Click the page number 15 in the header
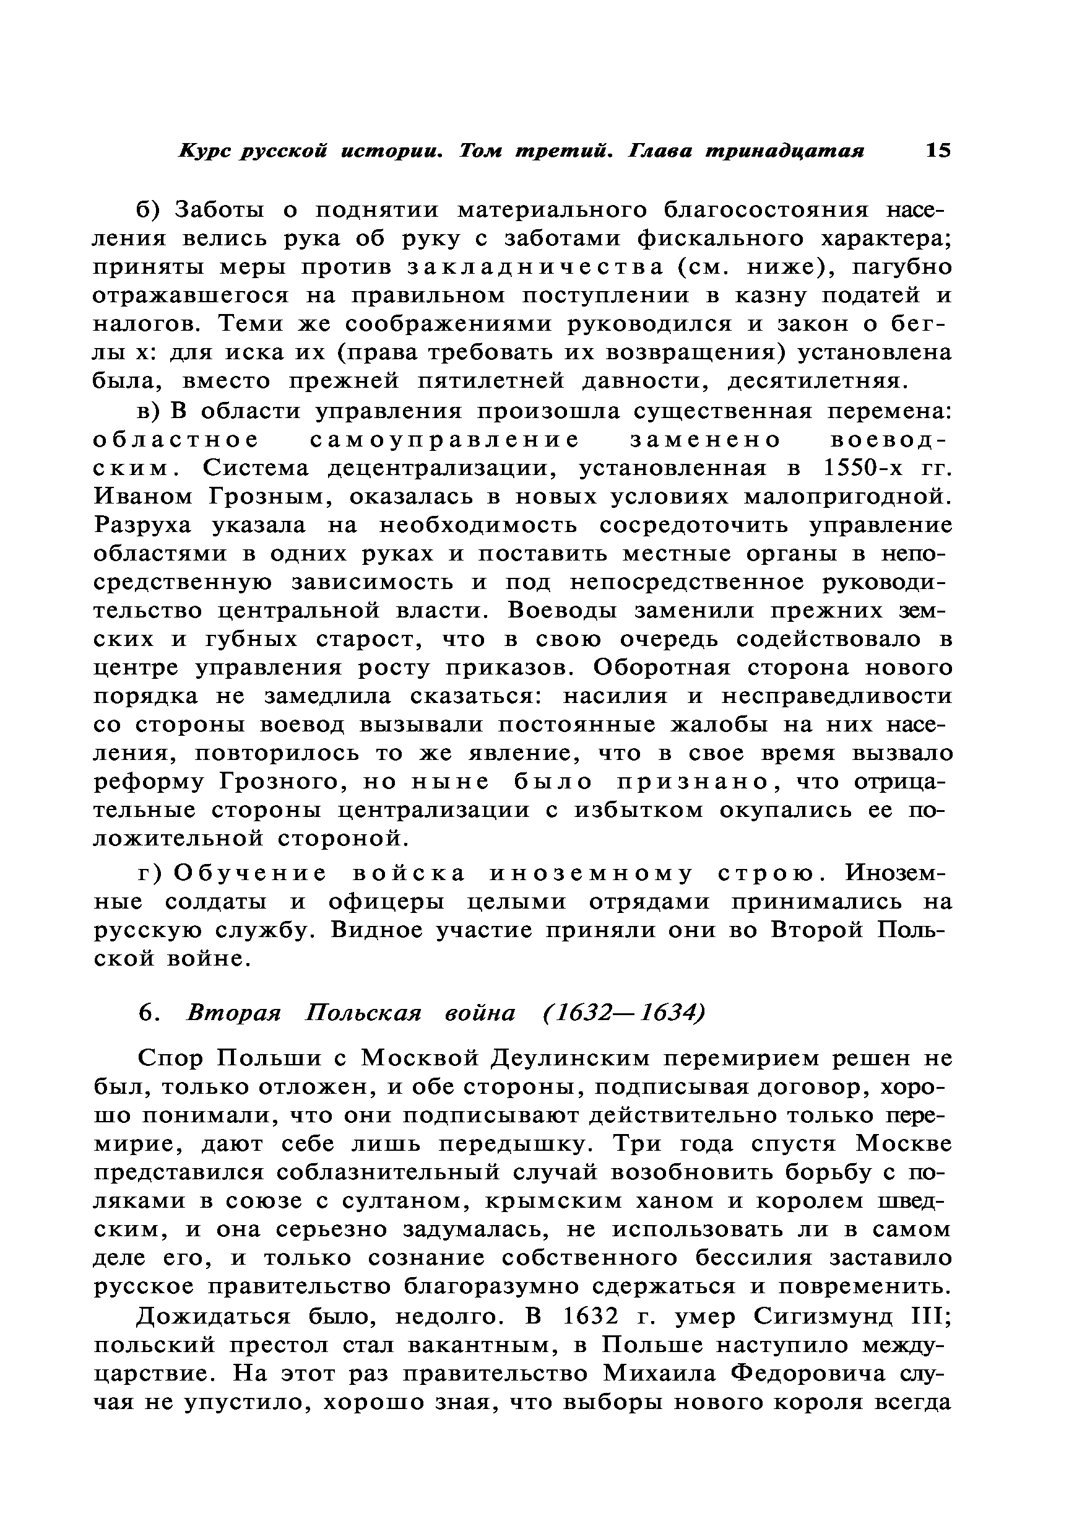pos(937,151)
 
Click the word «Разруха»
pos(142,526)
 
